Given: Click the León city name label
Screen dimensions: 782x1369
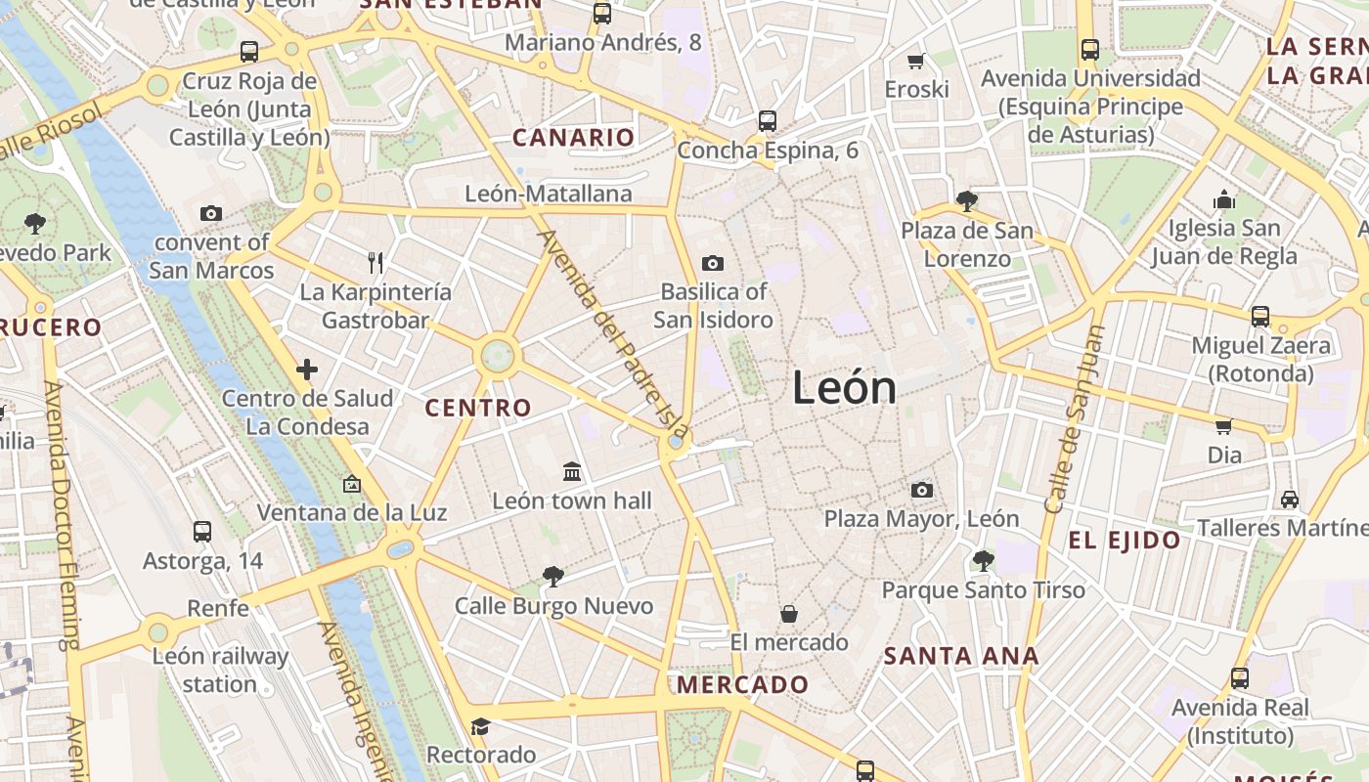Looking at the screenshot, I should (x=844, y=388).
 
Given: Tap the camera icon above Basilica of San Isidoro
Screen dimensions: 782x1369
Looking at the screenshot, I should (x=713, y=263).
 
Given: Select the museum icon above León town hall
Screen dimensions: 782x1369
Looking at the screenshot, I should (x=572, y=473).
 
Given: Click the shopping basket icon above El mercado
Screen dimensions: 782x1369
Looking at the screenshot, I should (x=788, y=614).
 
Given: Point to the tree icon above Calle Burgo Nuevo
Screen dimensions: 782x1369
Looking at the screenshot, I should (x=552, y=577).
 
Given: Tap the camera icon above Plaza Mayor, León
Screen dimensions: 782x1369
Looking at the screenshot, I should (x=921, y=490).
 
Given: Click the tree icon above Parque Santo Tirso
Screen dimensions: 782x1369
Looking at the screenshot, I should (x=983, y=561).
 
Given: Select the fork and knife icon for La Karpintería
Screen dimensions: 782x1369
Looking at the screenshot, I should (x=375, y=262).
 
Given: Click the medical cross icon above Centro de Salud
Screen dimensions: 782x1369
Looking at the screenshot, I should (x=307, y=369).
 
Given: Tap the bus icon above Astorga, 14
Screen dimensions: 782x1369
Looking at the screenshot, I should (x=202, y=532).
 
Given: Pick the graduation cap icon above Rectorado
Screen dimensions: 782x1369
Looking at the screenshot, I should (x=479, y=726).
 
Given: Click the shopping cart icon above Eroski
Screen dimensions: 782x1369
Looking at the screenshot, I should (x=916, y=61).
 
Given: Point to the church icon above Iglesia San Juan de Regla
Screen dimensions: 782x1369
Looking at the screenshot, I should (x=1224, y=200).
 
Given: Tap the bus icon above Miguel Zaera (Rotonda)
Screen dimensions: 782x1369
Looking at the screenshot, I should (x=1260, y=317).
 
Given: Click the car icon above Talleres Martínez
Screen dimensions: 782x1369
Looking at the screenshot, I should (x=1290, y=500).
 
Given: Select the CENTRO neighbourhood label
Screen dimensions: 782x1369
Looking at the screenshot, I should (x=478, y=408).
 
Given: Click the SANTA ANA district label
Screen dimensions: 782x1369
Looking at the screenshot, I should (x=961, y=656).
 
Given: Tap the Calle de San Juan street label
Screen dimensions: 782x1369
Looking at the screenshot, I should (x=1074, y=420).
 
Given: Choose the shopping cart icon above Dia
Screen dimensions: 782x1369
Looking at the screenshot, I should (x=1223, y=426).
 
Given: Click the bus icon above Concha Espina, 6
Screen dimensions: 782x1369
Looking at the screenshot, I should (x=768, y=121).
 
